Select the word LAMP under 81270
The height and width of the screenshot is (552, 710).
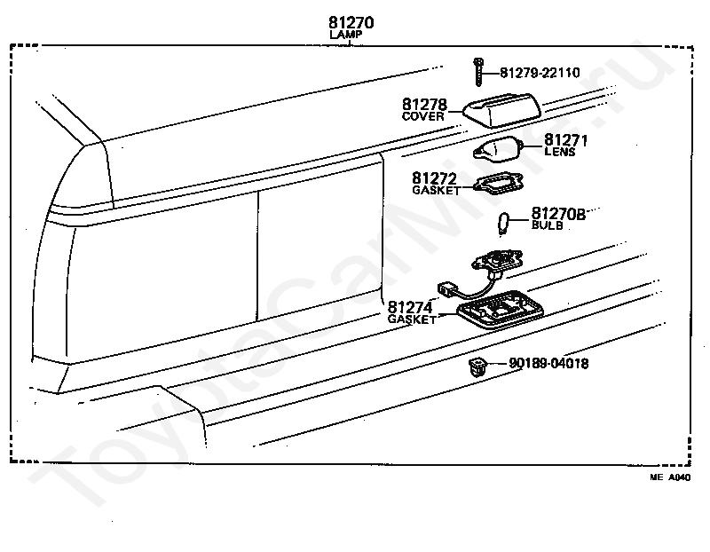345,35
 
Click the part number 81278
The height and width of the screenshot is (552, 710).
425,105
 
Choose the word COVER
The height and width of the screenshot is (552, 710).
422,116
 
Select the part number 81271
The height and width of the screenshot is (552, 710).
566,140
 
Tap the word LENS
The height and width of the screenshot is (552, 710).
559,152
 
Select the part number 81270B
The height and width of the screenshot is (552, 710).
559,214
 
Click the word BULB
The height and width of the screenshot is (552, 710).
547,225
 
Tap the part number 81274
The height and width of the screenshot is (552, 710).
411,306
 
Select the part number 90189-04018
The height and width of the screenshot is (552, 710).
548,363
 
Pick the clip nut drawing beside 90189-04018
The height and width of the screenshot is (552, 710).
478,365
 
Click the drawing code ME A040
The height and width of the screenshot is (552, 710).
668,477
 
